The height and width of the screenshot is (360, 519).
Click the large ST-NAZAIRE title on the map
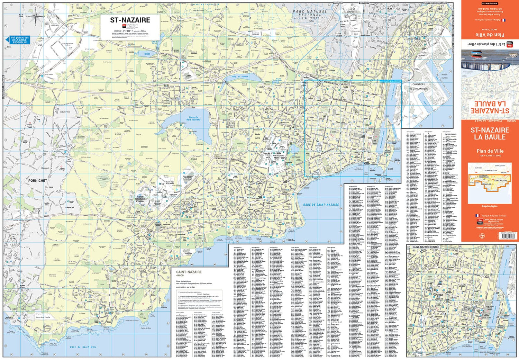pyautogui.click(x=130, y=20)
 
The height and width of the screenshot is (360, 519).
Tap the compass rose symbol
pyautogui.click(x=35, y=16)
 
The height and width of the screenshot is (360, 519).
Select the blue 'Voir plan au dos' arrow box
pyautogui.click(x=18, y=40)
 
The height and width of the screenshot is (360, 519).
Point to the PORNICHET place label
pyautogui.click(x=37, y=181)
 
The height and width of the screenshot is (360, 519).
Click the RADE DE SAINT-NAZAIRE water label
pyautogui.click(x=321, y=205)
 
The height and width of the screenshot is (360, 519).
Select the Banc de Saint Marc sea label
pyautogui.click(x=83, y=346)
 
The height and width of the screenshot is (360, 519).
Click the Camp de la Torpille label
pyautogui.click(x=43, y=317)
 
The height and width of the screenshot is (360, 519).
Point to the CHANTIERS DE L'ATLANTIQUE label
pyautogui.click(x=419, y=87)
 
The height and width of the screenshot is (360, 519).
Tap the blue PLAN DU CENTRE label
pyautogui.click(x=392, y=81)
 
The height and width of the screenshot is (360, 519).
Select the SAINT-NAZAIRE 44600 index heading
pyautogui.click(x=189, y=273)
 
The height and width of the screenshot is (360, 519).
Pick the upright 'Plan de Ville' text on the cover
pyautogui.click(x=490, y=151)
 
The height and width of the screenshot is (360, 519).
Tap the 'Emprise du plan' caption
pyautogui.click(x=489, y=206)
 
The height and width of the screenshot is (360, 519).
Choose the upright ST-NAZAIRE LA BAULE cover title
pyautogui.click(x=490, y=134)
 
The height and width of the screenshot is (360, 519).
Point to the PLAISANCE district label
pyautogui.click(x=271, y=187)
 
